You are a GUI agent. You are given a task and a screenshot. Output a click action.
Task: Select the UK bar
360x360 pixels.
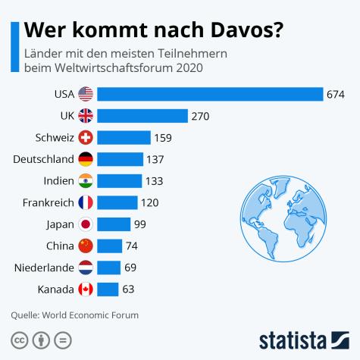pyautogui.click(x=142, y=116)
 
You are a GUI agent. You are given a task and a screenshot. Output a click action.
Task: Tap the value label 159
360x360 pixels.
pyautogui.click(x=163, y=138)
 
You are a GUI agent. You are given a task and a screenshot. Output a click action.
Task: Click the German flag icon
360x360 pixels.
pyautogui.click(x=86, y=159)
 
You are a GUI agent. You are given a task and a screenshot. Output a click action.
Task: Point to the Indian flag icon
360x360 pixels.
pyautogui.click(x=86, y=181)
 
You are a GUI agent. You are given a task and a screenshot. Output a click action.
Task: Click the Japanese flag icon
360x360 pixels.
pyautogui.click(x=86, y=224)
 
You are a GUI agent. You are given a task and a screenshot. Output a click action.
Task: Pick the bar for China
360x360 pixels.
pyautogui.click(x=110, y=246)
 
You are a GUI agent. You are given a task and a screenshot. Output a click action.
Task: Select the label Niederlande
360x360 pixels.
pyautogui.click(x=44, y=268)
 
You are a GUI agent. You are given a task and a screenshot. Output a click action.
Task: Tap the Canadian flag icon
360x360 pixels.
pyautogui.click(x=86, y=290)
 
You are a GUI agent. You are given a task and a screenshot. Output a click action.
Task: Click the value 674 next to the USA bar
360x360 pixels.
pyautogui.click(x=336, y=94)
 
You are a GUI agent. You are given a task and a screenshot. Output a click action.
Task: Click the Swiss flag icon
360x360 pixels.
pyautogui.click(x=86, y=138)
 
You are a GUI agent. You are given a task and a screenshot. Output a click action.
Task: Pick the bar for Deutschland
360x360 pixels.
pyautogui.click(x=121, y=159)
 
